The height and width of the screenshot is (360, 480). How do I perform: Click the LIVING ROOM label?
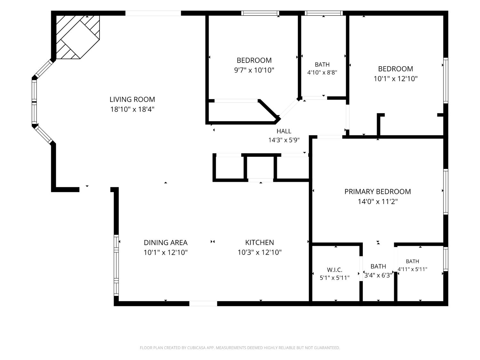132,100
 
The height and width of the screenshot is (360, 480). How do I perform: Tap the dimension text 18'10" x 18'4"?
132,109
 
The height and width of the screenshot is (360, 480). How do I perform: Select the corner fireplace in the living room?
78,37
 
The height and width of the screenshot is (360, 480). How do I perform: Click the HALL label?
284,131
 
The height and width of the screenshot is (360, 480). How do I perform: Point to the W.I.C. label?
335,270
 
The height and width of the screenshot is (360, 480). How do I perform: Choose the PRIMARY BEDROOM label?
378,191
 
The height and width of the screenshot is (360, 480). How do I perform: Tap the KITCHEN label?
260,243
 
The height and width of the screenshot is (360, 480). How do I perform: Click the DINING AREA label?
165,243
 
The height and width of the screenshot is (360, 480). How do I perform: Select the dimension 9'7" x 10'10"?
254,70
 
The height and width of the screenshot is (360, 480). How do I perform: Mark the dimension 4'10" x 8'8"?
322,72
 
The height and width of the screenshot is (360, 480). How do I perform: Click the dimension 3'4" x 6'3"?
378,275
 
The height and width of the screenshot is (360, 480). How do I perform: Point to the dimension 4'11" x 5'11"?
412,269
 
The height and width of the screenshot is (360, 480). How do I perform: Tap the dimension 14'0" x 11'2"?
378,201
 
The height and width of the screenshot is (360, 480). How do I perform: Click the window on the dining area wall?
116,265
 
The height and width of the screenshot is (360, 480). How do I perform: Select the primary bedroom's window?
446,192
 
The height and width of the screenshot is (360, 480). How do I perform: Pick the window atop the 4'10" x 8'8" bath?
324,13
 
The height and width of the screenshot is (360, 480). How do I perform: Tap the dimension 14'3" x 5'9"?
284,140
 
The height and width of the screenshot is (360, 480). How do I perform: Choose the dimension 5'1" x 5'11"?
335,278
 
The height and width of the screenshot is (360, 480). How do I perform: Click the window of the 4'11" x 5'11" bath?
446,259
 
